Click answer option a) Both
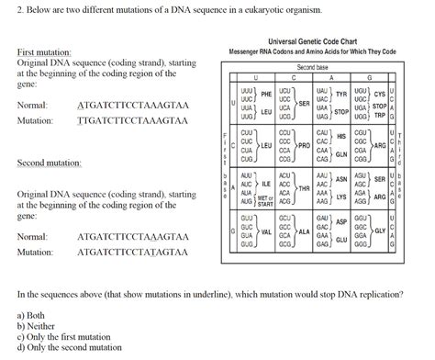click(x=34, y=314)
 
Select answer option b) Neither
click(x=38, y=325)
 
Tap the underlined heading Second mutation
click(x=50, y=163)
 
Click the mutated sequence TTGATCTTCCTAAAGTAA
click(x=133, y=120)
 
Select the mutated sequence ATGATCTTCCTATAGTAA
click(x=133, y=251)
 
